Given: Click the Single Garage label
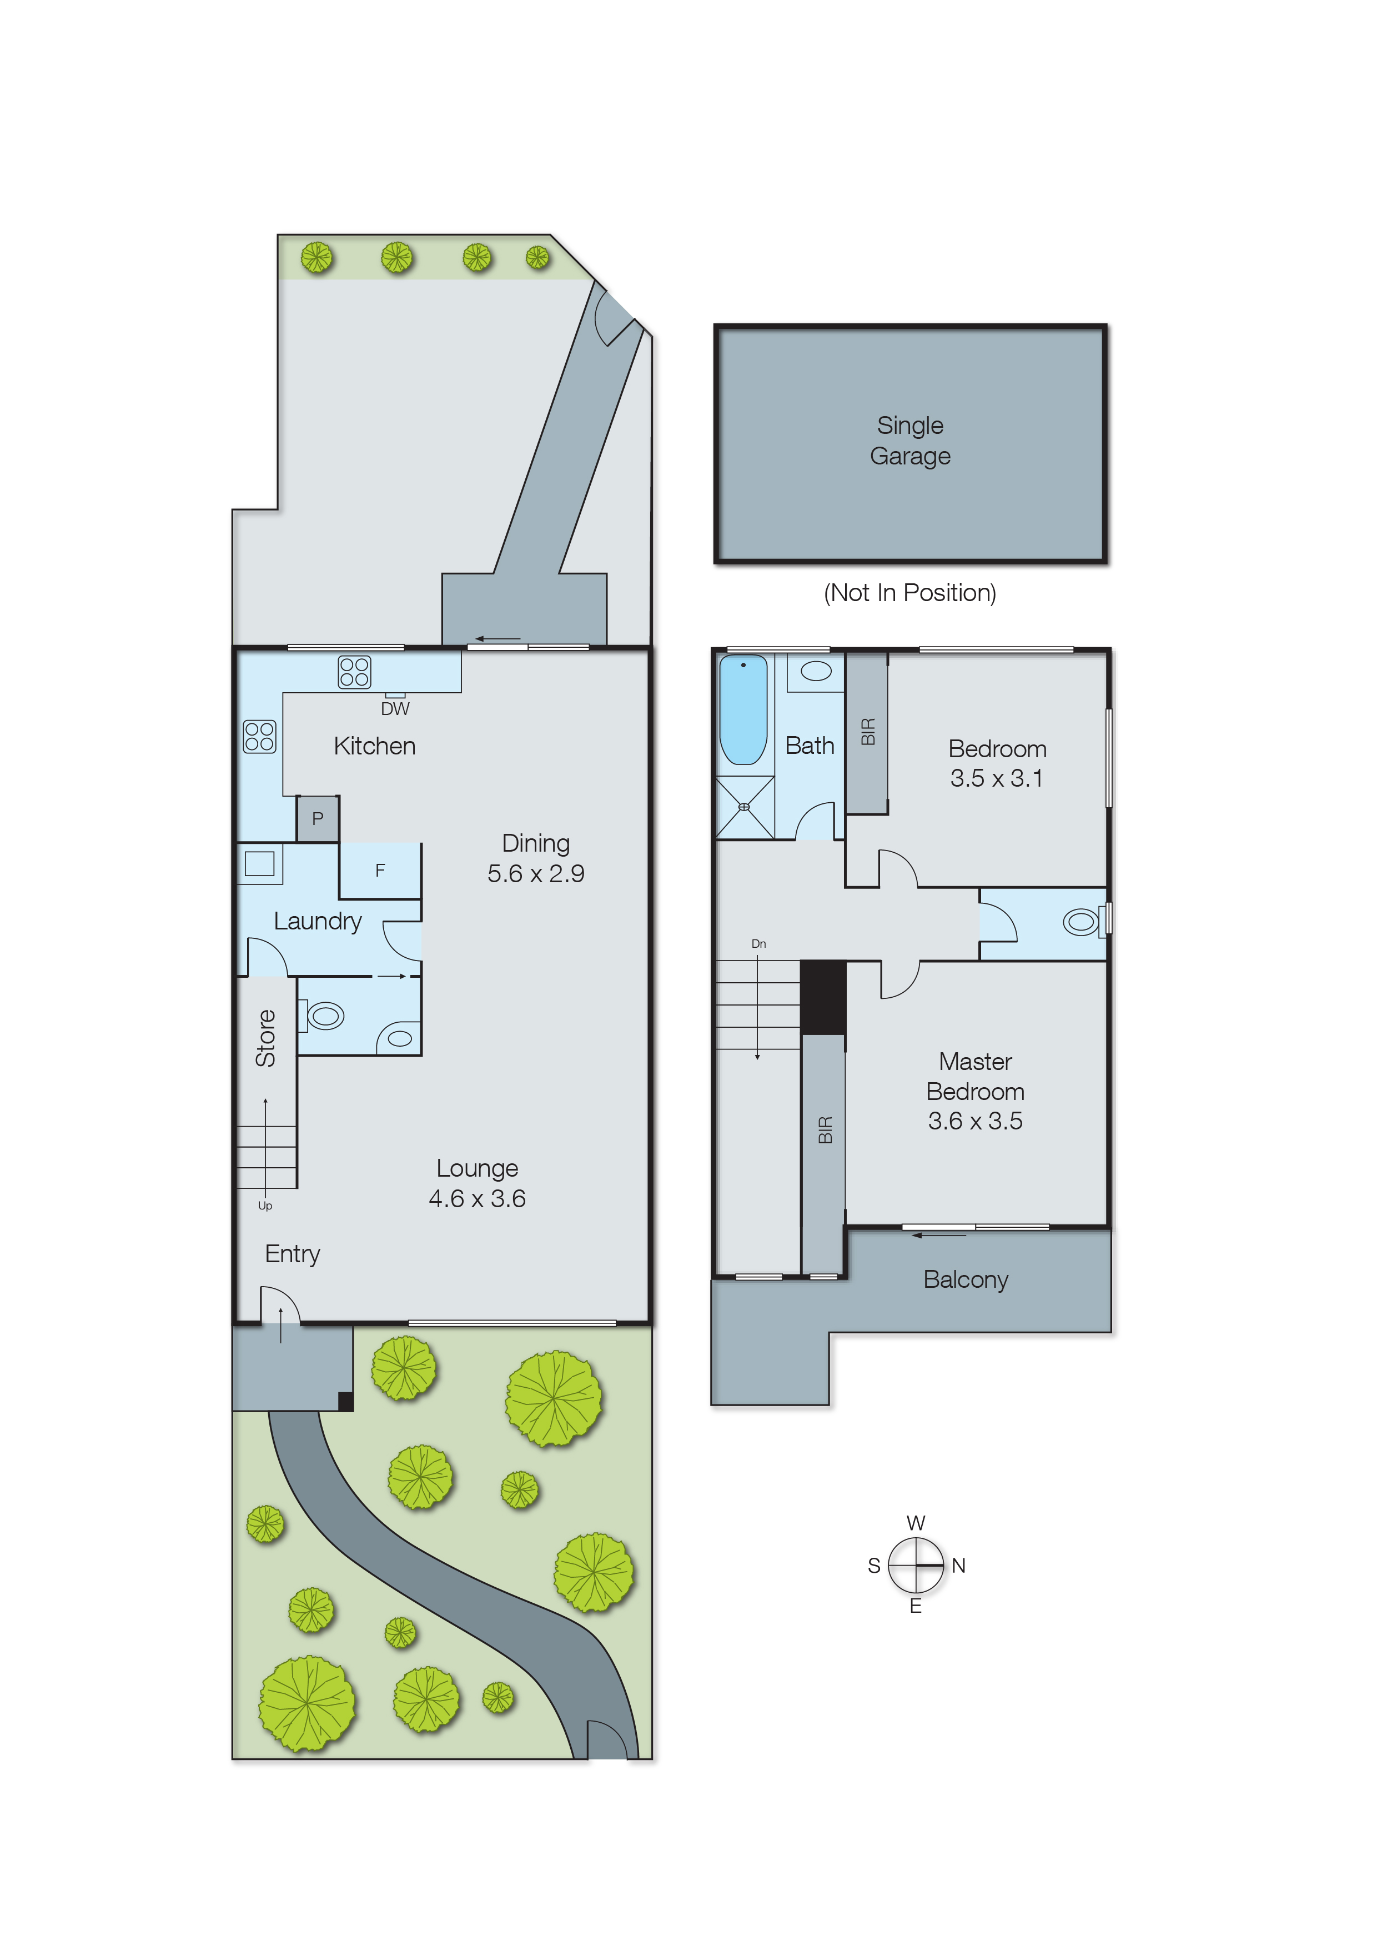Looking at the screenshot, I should (x=910, y=440).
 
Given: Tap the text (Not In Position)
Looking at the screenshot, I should (x=910, y=592).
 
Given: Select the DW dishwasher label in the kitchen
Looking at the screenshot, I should (x=395, y=708).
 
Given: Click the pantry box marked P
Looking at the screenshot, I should (x=318, y=818).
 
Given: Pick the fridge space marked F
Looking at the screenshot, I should (x=380, y=871).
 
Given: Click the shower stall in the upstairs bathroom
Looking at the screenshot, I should (x=745, y=807).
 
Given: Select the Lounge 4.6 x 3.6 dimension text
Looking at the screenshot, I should (x=478, y=1198).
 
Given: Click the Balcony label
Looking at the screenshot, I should (x=966, y=1279).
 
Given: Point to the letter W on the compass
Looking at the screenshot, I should (x=916, y=1523).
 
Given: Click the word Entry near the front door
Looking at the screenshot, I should (x=293, y=1254).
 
